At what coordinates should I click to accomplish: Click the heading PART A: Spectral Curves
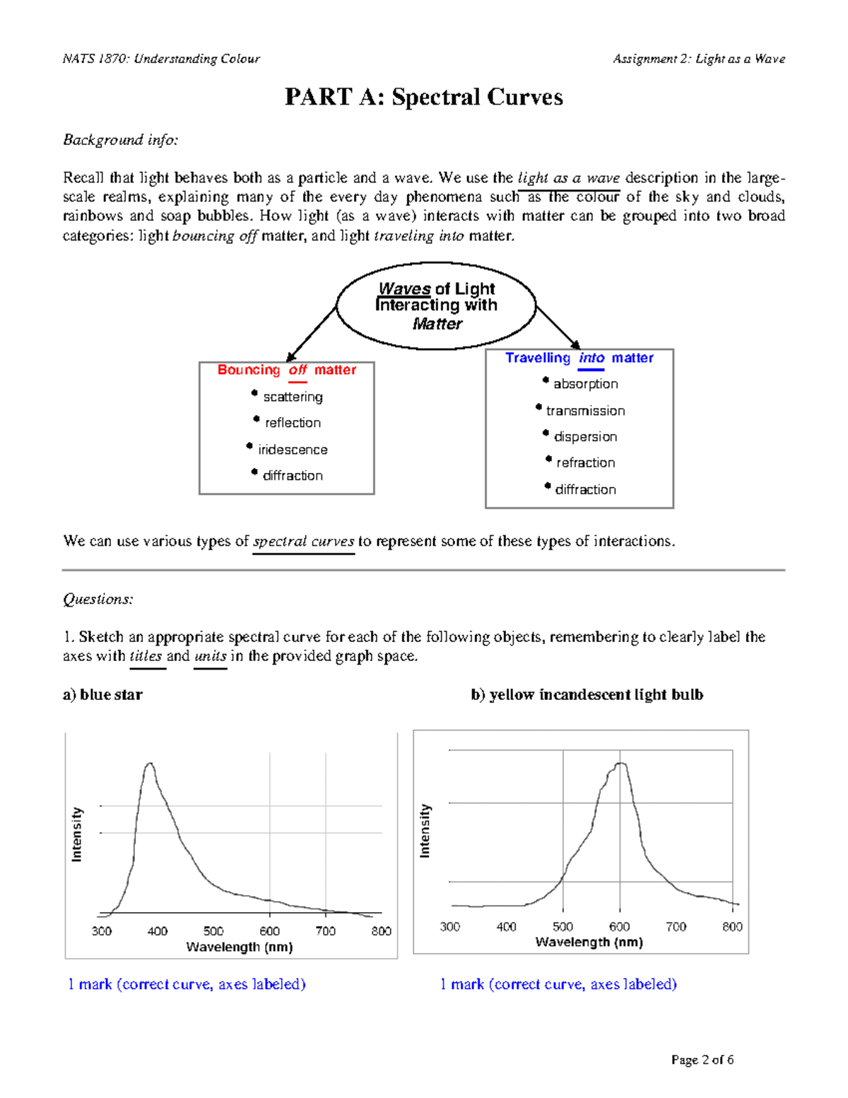pos(423,97)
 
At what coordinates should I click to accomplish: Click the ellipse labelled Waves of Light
pos(436,306)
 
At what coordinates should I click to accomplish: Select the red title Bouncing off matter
pos(286,370)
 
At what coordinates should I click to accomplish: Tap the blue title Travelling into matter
pos(579,358)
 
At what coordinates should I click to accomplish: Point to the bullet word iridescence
pos(293,450)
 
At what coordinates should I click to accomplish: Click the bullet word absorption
pos(585,384)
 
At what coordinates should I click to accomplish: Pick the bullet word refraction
pos(585,463)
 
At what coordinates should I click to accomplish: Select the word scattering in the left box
pos(293,397)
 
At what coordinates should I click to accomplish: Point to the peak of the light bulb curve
pos(620,764)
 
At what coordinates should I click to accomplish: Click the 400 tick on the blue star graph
pos(157,931)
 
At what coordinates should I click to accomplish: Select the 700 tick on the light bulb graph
pos(676,926)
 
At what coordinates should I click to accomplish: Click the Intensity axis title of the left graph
pos(77,834)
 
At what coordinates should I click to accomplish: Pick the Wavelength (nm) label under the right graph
pos(589,942)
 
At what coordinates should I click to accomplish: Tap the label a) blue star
pos(102,694)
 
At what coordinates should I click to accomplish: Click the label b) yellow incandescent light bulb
pos(587,694)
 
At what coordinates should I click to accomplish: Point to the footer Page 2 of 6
pos(702,1059)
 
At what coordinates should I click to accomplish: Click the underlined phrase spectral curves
pos(303,542)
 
